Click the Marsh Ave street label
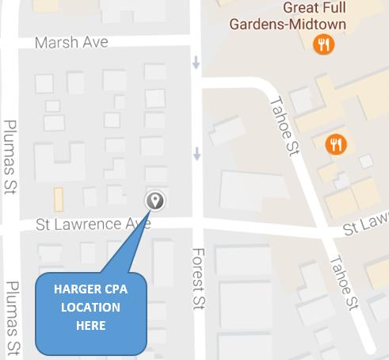pos(71,42)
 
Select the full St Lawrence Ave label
pos(93,225)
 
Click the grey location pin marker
pos(155,201)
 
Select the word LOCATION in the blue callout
pos(92,308)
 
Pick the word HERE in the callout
pos(91,325)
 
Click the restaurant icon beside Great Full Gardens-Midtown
pos(323,44)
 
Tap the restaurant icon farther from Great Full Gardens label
pos(337,144)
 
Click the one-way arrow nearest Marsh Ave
pos(196,62)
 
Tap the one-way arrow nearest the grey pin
pos(196,155)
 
